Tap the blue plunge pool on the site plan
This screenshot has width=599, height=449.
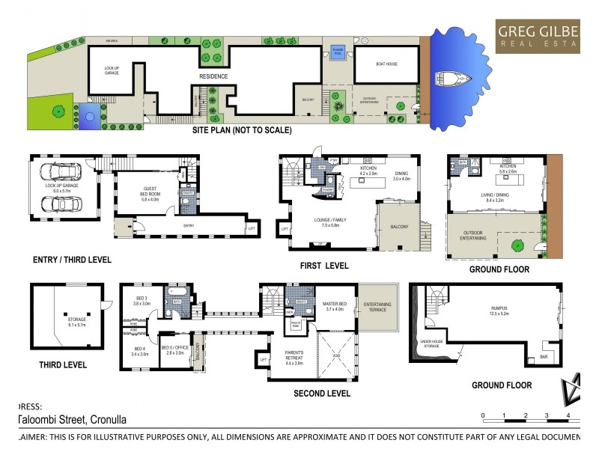point(337,52)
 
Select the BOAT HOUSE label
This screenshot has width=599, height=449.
point(386,64)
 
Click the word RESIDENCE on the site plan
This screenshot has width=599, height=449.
point(213,76)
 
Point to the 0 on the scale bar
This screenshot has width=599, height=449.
point(483,415)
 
